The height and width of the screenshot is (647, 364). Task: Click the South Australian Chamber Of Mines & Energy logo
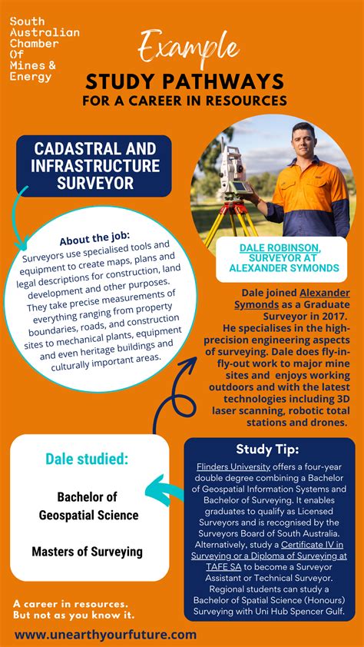44,49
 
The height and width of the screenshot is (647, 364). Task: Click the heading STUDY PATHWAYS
185,82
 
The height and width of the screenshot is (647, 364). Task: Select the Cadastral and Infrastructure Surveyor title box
94,165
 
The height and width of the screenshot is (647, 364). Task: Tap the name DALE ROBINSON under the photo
279,247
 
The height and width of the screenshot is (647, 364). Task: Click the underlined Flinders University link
233,466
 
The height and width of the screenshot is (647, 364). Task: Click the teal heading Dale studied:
87,460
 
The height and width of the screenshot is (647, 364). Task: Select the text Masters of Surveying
87,552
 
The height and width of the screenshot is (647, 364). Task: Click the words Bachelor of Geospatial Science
89,506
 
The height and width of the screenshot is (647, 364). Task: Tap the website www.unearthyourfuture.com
105,635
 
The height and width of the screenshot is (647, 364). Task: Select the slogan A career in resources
70,604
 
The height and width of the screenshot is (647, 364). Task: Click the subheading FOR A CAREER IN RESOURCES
185,101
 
